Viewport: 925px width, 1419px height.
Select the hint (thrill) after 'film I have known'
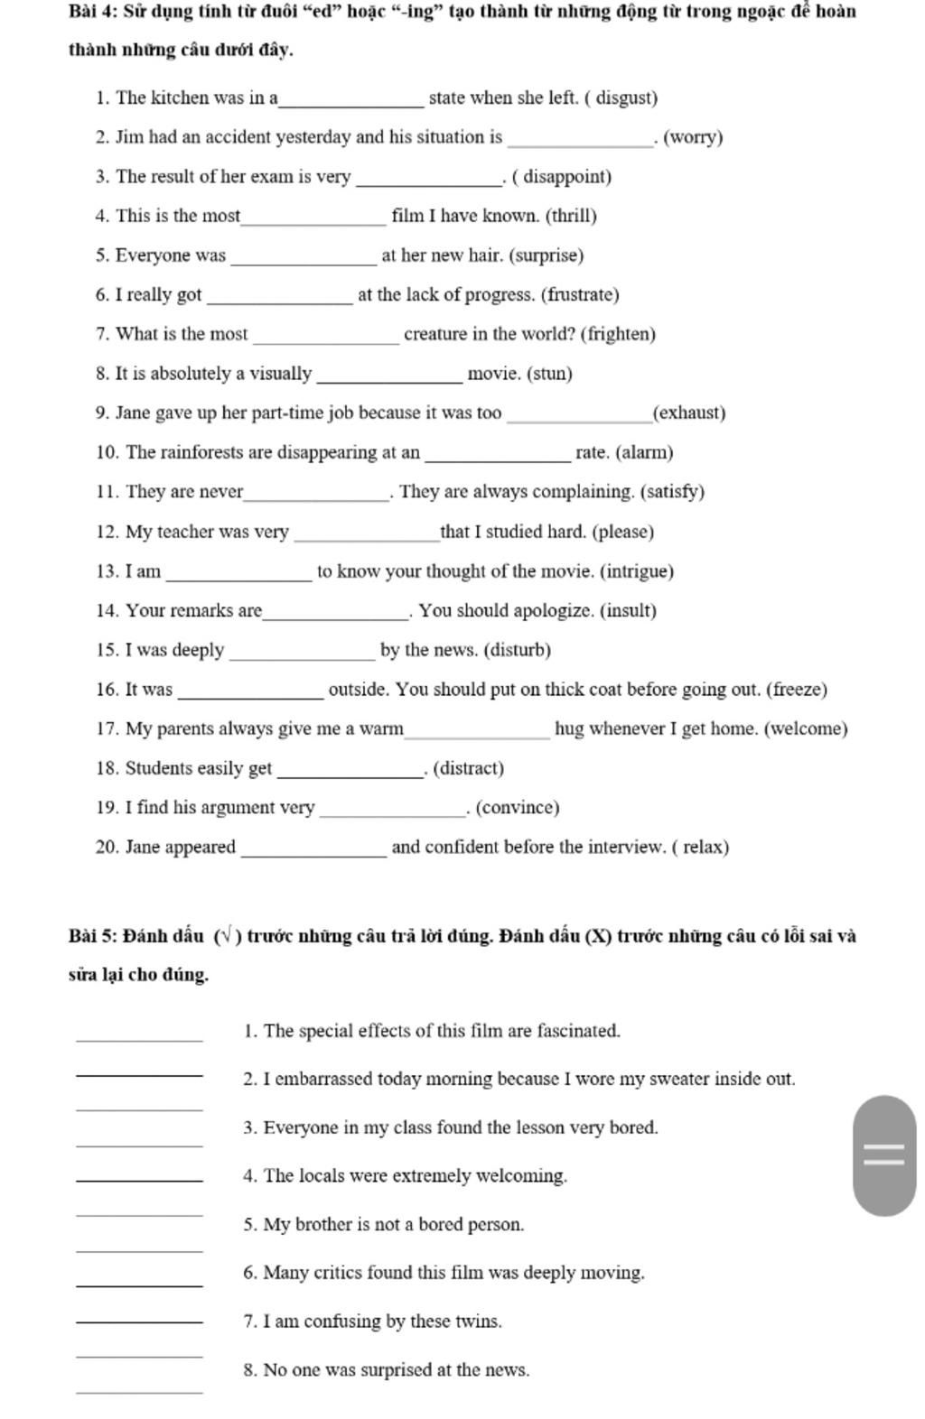571,217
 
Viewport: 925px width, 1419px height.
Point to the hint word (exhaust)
689,413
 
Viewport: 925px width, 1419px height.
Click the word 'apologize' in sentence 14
553,611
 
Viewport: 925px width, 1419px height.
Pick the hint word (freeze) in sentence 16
796,690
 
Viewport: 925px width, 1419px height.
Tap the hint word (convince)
518,808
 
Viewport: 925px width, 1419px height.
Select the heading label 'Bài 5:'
92,936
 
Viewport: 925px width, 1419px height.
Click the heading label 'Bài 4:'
92,13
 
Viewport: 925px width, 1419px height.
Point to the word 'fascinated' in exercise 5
577,1031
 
